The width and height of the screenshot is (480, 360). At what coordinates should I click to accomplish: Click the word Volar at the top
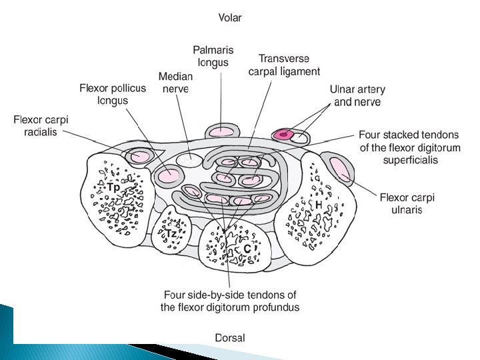click(230, 18)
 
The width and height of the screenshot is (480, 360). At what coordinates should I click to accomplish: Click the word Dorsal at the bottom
click(230, 338)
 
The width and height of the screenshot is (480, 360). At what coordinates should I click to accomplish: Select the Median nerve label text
click(175, 83)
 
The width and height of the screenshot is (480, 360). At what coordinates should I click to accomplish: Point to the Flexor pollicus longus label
click(113, 94)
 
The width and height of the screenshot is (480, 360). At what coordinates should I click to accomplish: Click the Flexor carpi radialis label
click(41, 125)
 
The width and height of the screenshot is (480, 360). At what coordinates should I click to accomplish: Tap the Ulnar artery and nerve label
click(357, 95)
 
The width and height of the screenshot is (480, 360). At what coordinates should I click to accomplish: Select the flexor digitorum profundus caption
click(230, 301)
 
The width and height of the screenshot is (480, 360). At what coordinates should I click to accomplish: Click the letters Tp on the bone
click(114, 187)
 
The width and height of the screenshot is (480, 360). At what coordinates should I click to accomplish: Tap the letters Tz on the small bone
click(171, 234)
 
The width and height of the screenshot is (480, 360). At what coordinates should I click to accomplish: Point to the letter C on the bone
click(247, 249)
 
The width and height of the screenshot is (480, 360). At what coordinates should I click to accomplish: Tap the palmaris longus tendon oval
click(219, 131)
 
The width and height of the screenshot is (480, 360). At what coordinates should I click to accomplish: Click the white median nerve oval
click(188, 159)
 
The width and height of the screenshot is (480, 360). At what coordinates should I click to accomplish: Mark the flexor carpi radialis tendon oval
click(140, 157)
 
